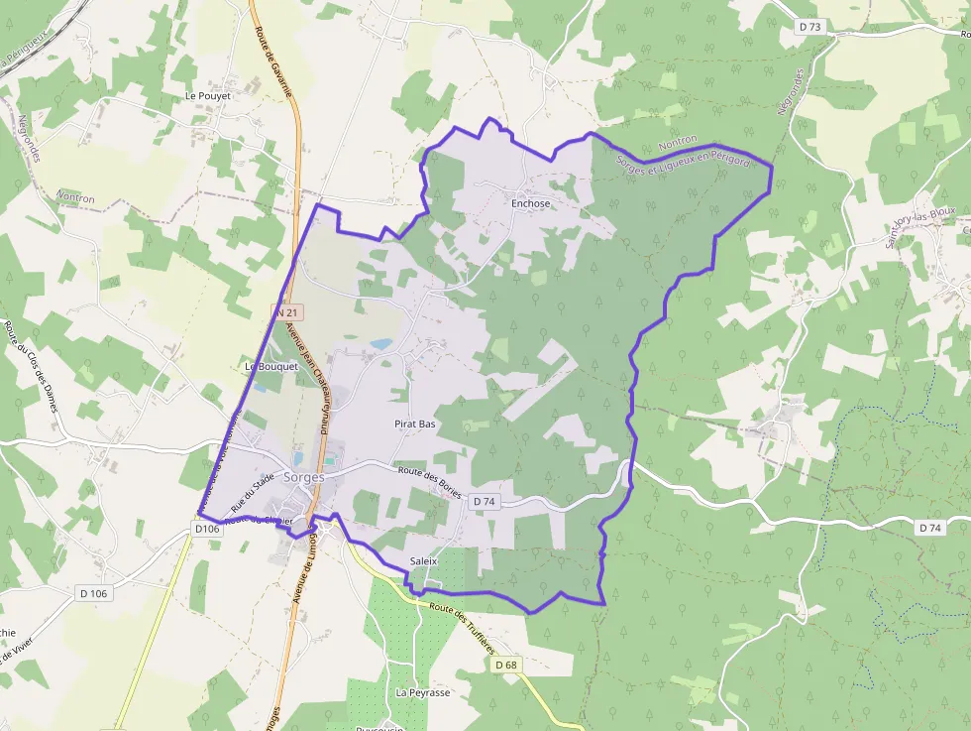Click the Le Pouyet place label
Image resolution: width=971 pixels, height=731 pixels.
coord(208,96)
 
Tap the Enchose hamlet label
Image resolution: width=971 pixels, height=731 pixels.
coord(530,203)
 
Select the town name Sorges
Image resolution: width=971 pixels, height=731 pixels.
coord(304,477)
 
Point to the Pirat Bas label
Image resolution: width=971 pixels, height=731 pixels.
coord(415,424)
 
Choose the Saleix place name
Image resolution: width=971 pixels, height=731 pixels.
coord(423,561)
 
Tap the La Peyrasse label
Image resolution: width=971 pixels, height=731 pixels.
coord(423,691)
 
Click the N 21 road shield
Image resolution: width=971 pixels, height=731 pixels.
coord(287,312)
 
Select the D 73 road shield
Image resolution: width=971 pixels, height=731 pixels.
coord(810,27)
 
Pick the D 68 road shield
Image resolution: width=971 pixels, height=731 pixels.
coord(505,665)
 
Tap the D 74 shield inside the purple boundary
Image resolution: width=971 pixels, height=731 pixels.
coord(484,502)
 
